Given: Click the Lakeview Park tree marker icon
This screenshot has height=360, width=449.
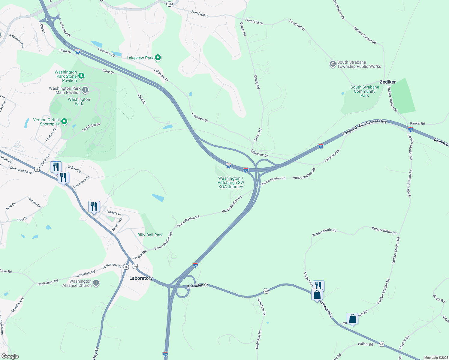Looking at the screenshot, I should tap(158, 58).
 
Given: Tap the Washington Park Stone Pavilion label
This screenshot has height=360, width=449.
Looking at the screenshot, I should tap(66, 76).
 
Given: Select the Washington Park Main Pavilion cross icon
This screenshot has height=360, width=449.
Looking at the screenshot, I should tap(85, 90).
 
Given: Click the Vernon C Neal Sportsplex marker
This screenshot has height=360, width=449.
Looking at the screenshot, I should tap(64, 121).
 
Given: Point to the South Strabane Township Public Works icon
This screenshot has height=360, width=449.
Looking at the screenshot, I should tap(333, 64).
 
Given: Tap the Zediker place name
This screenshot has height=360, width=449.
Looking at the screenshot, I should tap(387, 82).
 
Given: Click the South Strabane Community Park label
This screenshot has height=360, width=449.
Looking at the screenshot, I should tap(365, 91).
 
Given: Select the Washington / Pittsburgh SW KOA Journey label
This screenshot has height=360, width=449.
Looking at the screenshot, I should tap(231, 182).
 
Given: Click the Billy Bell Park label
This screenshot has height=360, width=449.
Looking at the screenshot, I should tap(150, 235).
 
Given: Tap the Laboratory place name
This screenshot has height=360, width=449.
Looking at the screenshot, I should tap(141, 278).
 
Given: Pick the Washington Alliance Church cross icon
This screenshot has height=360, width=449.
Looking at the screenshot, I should tap(96, 283).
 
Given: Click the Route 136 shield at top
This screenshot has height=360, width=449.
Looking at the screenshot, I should tap(170, 4).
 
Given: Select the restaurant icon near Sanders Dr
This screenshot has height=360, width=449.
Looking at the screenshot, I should tap(94, 207).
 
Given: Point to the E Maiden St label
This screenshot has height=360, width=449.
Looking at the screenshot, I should tap(197, 286).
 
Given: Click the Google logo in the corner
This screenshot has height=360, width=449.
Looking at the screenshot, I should tap(10, 356).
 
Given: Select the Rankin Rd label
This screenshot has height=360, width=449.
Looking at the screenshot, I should tap(417, 124).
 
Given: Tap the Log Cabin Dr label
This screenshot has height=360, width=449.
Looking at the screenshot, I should tap(91, 127).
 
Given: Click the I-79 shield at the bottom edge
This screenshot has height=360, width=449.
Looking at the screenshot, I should tap(165, 354).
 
